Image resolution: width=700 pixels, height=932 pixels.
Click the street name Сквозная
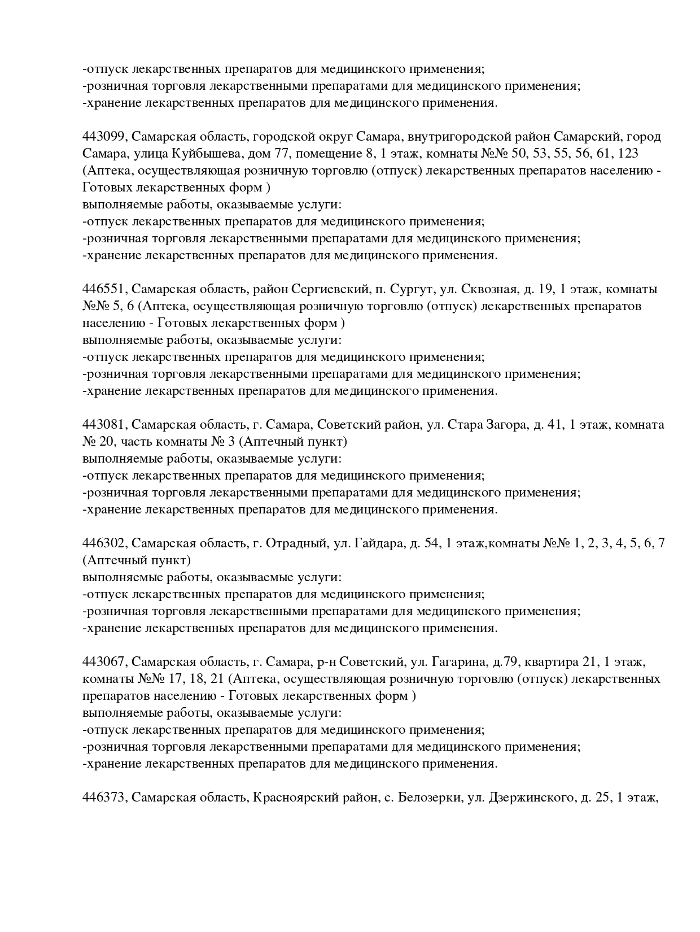point(490,289)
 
